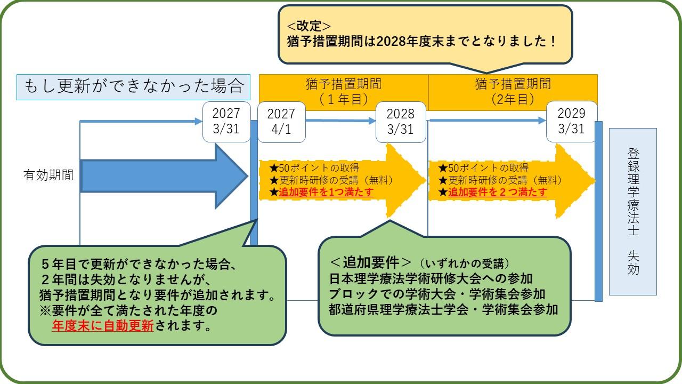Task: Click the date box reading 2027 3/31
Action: pos(226,122)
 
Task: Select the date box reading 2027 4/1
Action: pos(281,122)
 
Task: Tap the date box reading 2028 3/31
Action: pos(400,122)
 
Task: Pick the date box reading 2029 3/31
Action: pos(571,122)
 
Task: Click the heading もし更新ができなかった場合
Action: pos(134,87)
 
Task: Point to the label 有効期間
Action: pos(48,175)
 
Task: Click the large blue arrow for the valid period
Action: pos(160,176)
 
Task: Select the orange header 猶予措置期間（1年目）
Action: pos(344,92)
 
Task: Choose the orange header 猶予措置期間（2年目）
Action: pos(513,92)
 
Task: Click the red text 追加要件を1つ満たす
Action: pos(326,193)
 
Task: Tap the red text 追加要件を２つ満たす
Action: pos(497,193)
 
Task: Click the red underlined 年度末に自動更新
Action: pos(102,325)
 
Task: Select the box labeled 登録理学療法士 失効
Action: pos(632,211)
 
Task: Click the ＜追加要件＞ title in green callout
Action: pos(371,262)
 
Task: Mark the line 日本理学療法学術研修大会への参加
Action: pos(431,278)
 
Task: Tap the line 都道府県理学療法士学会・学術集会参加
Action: pos(443,309)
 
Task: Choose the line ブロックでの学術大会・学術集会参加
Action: pos(437,294)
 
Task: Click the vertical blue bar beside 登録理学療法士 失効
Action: pos(598,211)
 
